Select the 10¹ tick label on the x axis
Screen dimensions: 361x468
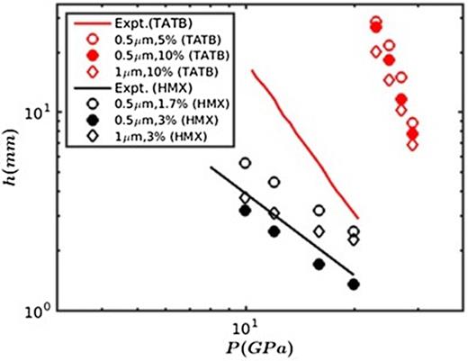point(246,326)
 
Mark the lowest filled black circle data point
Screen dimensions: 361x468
point(354,284)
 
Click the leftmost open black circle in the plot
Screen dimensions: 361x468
point(245,163)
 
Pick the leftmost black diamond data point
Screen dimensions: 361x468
point(245,197)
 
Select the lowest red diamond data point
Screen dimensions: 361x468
point(412,144)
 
